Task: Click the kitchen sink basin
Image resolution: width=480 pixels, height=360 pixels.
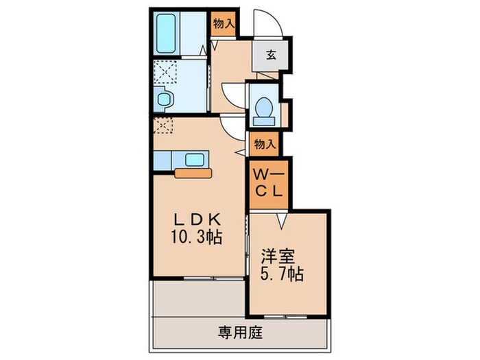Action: (194, 160)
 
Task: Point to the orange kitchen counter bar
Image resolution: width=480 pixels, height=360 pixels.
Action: (194, 173)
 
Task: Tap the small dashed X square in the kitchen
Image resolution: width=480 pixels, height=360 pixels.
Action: (164, 126)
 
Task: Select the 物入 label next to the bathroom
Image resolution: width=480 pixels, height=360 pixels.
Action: (224, 24)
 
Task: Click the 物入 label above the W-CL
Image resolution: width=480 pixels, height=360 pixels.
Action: (265, 144)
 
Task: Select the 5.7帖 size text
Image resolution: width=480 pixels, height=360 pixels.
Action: (281, 274)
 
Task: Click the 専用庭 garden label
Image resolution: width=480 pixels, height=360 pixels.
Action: (240, 333)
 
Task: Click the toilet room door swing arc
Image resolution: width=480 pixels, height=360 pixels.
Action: (232, 92)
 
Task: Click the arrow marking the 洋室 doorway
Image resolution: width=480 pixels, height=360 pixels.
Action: (281, 221)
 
